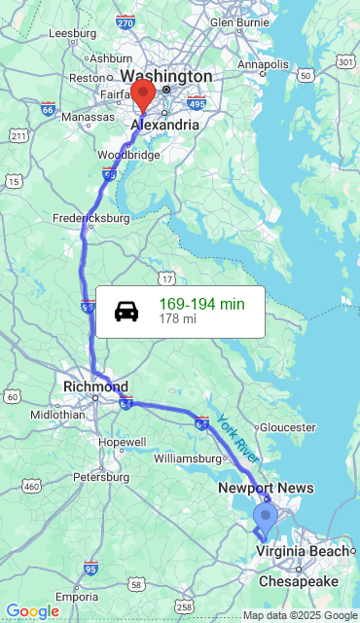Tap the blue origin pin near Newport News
point(264,517)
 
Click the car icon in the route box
point(126,311)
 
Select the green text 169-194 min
point(201,304)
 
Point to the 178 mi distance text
point(177,318)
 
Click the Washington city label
point(166,76)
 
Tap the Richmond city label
point(95,386)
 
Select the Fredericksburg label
point(90,218)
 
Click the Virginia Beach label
point(302,551)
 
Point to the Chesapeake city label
point(298,581)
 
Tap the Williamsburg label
point(189,458)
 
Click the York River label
point(237,438)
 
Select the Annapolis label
point(264,64)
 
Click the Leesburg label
point(71,32)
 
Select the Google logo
point(32,610)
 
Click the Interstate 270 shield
point(125,21)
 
